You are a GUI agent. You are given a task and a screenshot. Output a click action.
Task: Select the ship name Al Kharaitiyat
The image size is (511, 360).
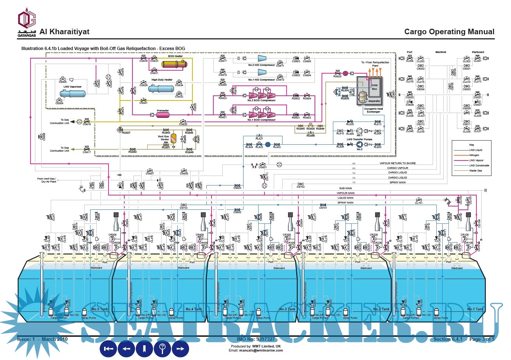click(x=64, y=32)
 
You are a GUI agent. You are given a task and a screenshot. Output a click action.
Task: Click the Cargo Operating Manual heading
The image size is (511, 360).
click(x=449, y=32)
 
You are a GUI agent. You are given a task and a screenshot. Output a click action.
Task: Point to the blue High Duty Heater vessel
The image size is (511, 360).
click(x=161, y=89)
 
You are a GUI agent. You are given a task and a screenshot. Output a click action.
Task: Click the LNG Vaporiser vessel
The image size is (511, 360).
click(x=73, y=93)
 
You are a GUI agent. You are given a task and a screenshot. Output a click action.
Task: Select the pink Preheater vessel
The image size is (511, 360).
click(x=163, y=115)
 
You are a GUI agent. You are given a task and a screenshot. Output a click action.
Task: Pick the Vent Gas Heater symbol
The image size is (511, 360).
click(x=173, y=138)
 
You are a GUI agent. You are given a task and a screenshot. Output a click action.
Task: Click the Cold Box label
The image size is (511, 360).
click(x=375, y=87)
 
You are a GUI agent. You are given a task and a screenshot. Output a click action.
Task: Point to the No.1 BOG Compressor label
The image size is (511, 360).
click(x=261, y=120)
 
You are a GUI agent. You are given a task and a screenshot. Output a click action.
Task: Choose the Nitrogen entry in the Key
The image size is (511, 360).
click(x=474, y=155)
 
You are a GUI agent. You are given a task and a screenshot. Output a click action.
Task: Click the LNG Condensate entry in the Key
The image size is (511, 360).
click(x=479, y=166)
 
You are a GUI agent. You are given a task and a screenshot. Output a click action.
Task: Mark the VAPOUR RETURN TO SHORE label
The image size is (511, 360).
click(x=397, y=163)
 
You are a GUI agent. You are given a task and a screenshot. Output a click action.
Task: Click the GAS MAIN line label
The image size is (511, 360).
click(x=345, y=188)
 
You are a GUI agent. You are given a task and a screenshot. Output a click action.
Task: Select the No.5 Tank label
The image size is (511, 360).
click(x=100, y=309)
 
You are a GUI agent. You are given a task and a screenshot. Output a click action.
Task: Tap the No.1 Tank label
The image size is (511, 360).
click(x=475, y=309)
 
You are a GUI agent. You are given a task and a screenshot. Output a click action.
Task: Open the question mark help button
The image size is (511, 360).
click(x=162, y=348)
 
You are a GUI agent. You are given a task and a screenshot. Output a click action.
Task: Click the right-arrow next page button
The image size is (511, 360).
click(x=180, y=348)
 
